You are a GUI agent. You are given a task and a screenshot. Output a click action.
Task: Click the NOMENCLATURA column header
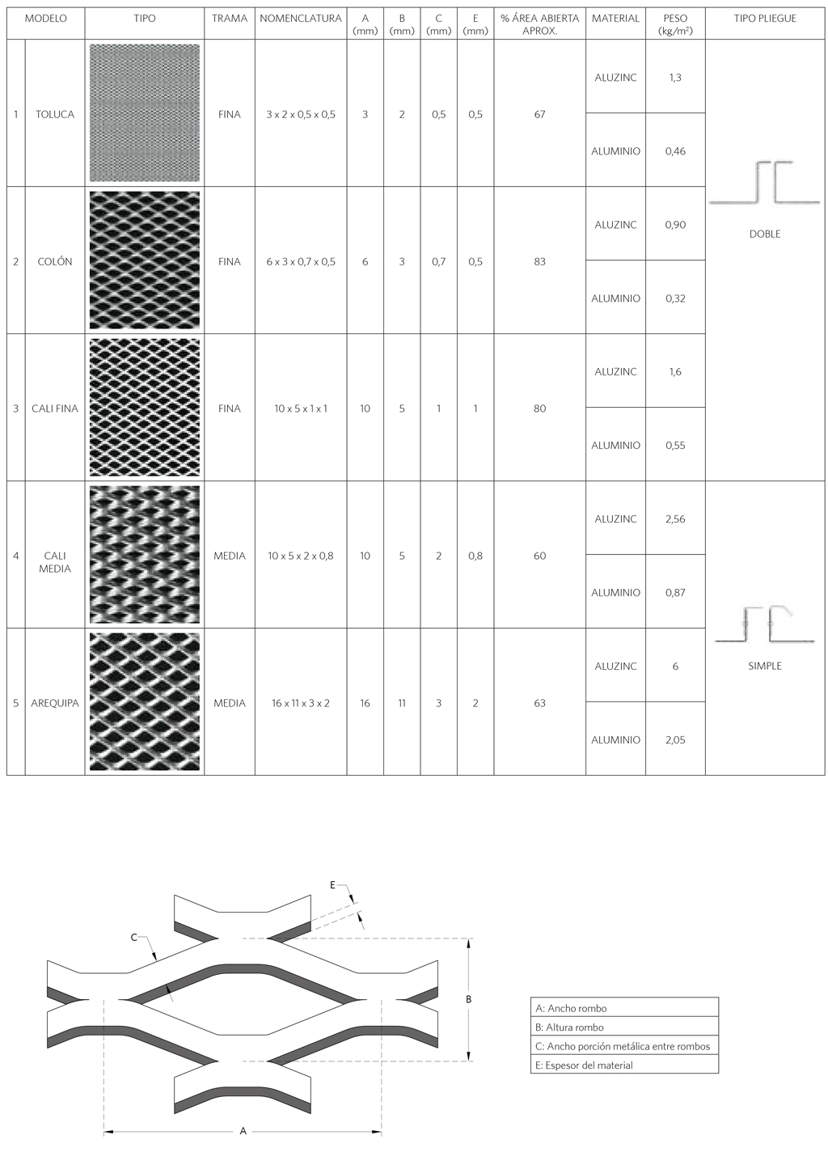point(301,18)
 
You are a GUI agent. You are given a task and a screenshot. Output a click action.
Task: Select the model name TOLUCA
point(54,114)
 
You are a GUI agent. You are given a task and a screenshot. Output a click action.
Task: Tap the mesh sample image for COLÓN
point(145,260)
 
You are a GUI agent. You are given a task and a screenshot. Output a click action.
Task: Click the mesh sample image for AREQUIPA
point(145,701)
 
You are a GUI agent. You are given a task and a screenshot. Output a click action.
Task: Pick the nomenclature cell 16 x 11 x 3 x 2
point(301,703)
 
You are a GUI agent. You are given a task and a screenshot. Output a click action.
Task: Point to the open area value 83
point(539,261)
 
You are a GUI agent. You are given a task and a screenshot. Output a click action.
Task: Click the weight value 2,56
point(675,519)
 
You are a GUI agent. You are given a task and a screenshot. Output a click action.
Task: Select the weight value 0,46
point(675,151)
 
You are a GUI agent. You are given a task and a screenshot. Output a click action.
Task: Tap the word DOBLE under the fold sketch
point(765,234)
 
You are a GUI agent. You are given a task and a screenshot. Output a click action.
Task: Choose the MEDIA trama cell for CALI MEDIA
point(229,556)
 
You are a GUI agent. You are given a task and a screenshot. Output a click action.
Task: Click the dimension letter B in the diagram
point(468,999)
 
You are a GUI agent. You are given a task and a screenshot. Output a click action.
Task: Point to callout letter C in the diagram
point(133,937)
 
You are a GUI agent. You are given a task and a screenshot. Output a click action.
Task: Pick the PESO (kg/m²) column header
point(675,24)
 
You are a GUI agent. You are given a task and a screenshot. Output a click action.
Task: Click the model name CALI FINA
point(54,409)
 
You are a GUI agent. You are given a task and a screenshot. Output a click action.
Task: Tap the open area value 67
point(539,114)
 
